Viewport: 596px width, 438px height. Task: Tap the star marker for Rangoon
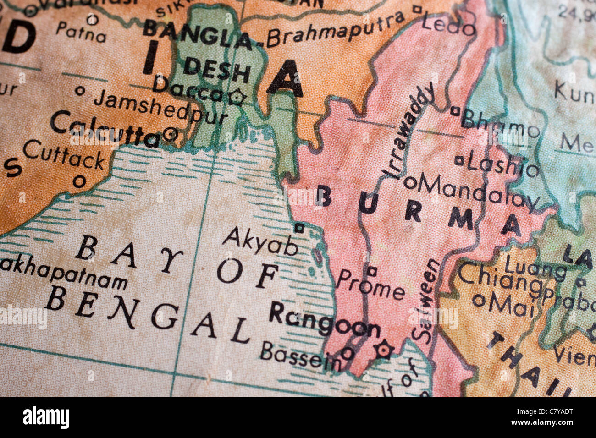(x=383, y=350)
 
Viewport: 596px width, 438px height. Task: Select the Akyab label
(x=260, y=241)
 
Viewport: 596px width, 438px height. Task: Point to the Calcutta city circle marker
(x=170, y=134)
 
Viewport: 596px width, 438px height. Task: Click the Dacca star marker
(x=237, y=97)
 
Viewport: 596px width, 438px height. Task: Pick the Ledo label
(x=448, y=25)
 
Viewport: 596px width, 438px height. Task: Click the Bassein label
(x=300, y=356)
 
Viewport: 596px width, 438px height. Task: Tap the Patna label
(x=81, y=32)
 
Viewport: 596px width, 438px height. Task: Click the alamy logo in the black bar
(x=46, y=417)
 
